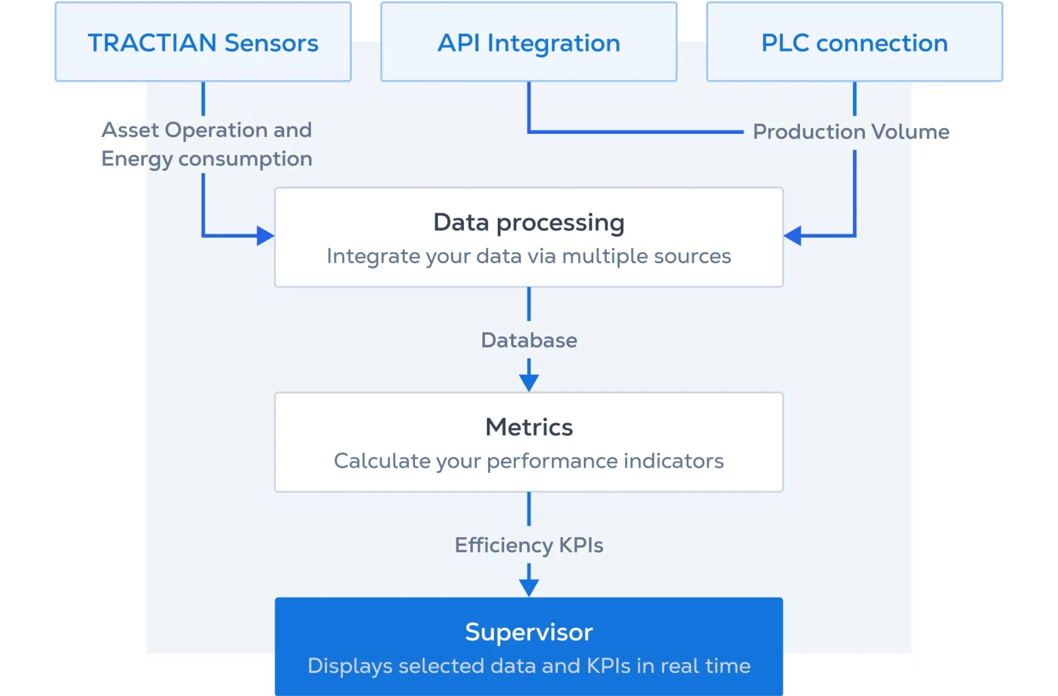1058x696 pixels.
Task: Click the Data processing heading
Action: coord(529,222)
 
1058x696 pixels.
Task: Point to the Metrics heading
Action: coord(529,427)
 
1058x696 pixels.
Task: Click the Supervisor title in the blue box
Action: coord(529,632)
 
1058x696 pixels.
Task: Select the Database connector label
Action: coord(529,341)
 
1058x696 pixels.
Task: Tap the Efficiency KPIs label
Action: coord(529,545)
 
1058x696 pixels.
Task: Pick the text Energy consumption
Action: coord(206,159)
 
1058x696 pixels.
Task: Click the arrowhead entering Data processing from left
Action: coord(265,236)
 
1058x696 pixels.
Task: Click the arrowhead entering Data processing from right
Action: coord(793,236)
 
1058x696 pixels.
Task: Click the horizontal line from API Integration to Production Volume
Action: coord(636,131)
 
